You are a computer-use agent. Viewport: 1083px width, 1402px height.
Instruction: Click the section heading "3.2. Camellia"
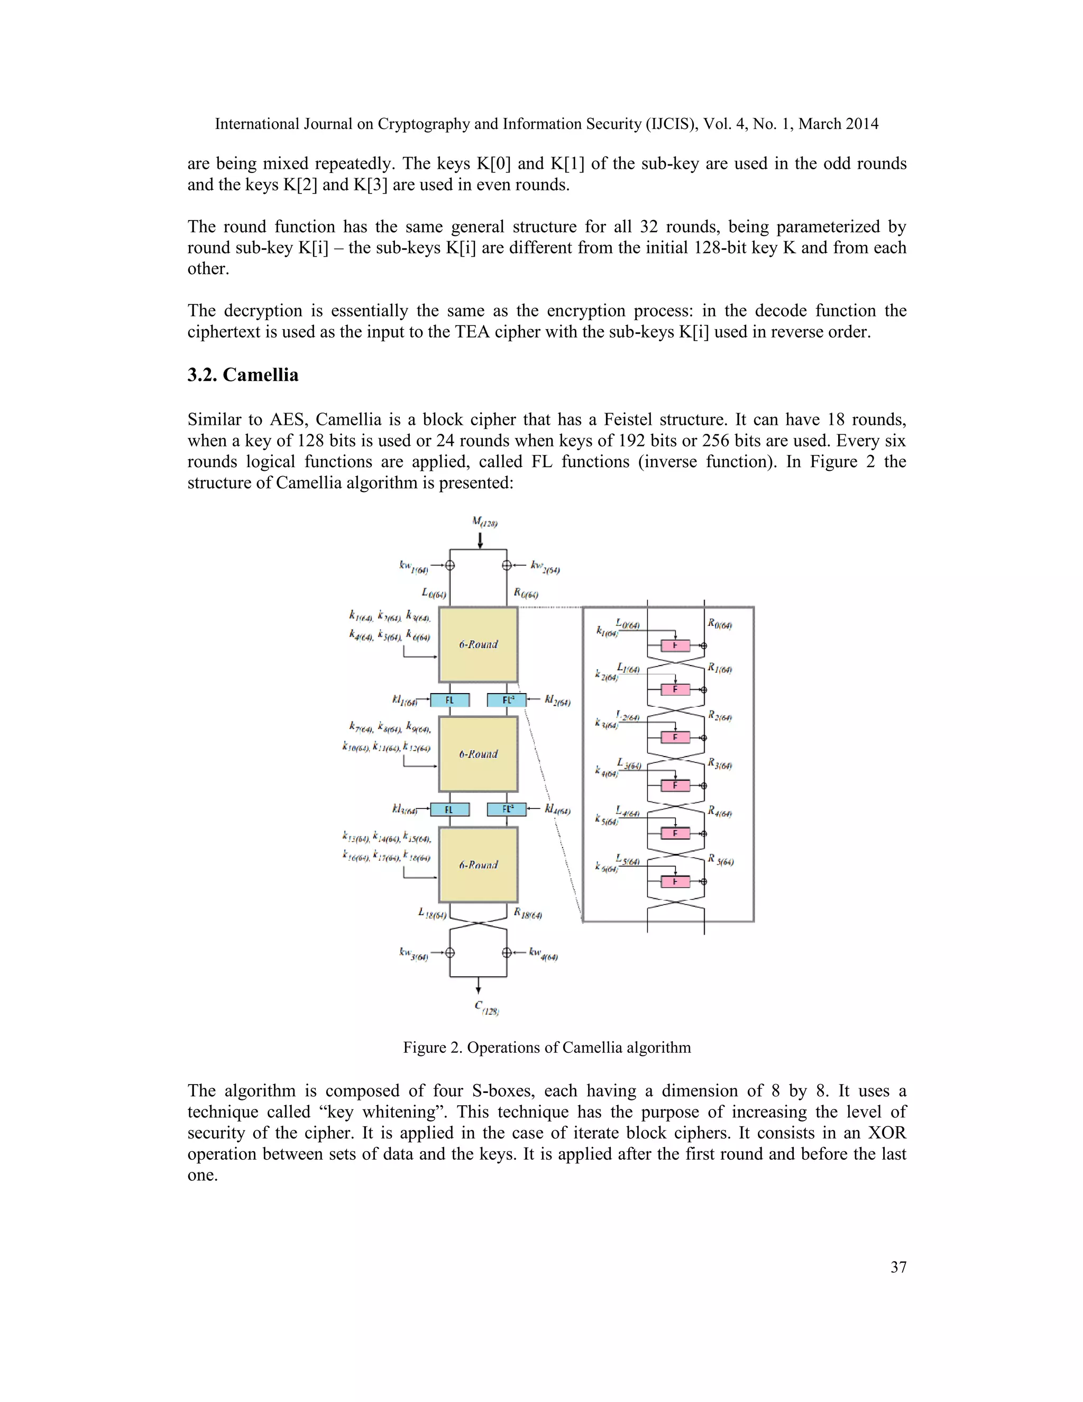[243, 375]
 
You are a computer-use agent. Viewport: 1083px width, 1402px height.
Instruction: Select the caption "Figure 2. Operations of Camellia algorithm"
[547, 1048]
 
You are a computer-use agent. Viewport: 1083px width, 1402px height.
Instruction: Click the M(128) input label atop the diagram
[484, 522]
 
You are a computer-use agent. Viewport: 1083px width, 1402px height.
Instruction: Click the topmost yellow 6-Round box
[478, 644]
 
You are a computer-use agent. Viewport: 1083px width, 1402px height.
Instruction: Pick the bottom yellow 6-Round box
[478, 864]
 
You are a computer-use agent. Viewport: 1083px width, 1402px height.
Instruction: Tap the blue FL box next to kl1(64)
[449, 700]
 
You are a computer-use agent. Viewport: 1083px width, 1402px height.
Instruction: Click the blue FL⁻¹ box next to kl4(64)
[507, 809]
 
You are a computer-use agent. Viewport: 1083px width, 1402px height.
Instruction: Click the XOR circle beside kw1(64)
[450, 566]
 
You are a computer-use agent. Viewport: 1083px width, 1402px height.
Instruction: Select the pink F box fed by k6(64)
[675, 882]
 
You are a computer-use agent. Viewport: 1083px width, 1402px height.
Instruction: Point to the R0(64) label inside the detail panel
[720, 623]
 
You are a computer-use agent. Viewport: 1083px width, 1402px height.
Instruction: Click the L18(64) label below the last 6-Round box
[432, 913]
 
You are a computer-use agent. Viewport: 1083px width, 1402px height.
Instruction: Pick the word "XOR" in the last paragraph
[887, 1133]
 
